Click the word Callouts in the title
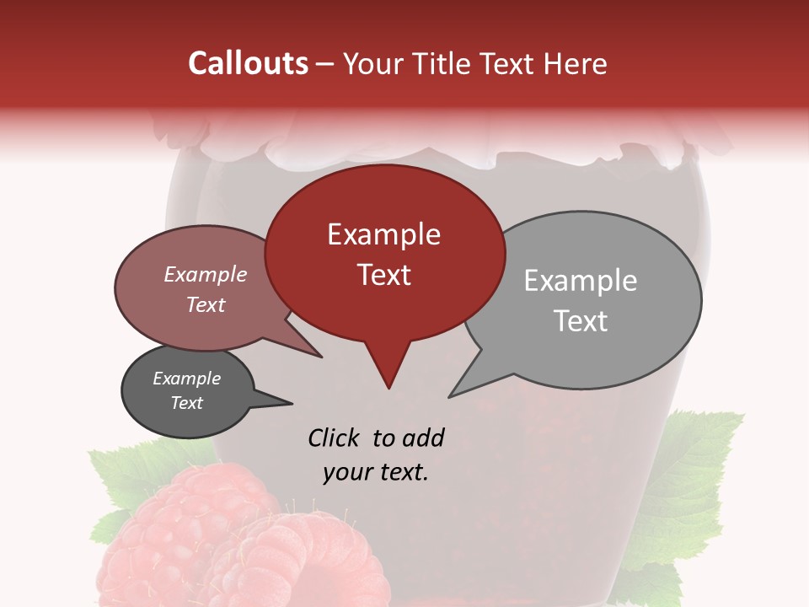(x=248, y=63)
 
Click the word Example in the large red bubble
(x=383, y=234)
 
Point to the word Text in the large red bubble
(x=383, y=275)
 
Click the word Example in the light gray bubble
(x=580, y=281)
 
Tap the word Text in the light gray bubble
(x=581, y=321)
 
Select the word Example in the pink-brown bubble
(x=206, y=275)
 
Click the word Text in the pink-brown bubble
(x=206, y=304)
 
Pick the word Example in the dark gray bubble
(x=186, y=379)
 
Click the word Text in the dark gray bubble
(x=186, y=403)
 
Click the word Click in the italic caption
(x=335, y=438)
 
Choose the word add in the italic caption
(x=422, y=438)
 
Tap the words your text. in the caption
(x=376, y=472)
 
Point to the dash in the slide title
(x=324, y=64)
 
